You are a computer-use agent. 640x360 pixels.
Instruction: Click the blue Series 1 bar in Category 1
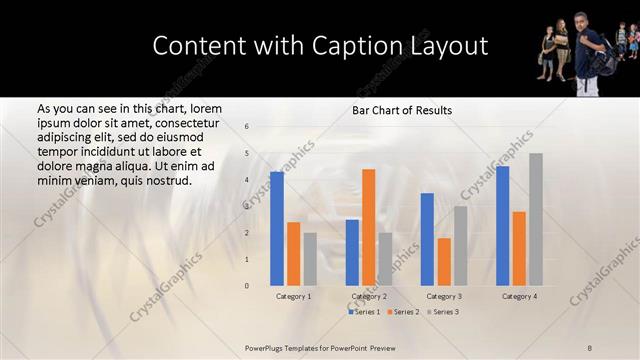[276, 229]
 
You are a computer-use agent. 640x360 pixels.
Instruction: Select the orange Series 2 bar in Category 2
[368, 227]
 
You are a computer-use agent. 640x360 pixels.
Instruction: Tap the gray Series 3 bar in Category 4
[536, 219]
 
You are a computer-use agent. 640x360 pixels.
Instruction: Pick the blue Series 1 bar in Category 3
[427, 239]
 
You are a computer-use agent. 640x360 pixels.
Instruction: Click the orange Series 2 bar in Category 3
[444, 262]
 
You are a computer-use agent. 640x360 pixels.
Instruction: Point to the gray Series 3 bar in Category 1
[310, 259]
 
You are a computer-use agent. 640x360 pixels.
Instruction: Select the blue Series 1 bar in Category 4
[502, 226]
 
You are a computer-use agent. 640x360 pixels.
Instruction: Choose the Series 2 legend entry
[403, 312]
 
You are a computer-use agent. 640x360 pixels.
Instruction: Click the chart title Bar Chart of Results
[402, 110]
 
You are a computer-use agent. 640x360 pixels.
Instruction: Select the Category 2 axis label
[368, 296]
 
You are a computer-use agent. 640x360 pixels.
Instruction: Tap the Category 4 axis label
[519, 296]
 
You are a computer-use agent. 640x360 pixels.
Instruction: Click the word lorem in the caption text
[204, 108]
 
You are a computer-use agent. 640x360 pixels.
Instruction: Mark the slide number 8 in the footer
[589, 347]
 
